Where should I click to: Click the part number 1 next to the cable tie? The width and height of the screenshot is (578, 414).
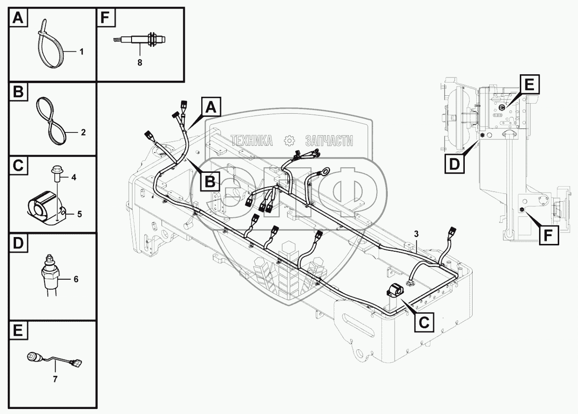(x=82, y=52)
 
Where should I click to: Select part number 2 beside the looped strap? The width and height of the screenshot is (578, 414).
(x=83, y=133)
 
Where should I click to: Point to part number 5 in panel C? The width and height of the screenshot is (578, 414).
(x=79, y=214)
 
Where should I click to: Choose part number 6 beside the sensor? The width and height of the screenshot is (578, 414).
(x=76, y=279)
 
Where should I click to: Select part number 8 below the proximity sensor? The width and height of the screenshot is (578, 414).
(x=140, y=63)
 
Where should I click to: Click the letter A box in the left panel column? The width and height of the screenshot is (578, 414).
(x=17, y=18)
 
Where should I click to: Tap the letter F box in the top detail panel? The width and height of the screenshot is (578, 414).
(x=105, y=18)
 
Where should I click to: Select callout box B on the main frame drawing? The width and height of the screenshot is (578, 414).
(x=210, y=182)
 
